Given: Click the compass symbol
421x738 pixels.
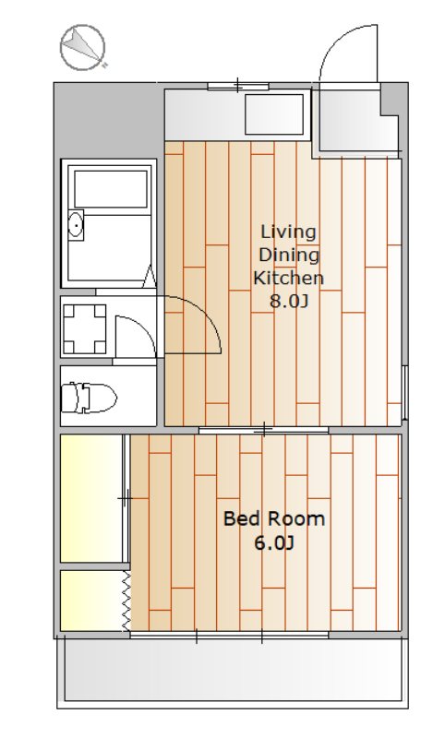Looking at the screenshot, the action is (82, 48).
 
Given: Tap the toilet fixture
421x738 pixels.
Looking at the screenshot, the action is (89, 397).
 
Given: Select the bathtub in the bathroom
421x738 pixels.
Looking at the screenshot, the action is (111, 189).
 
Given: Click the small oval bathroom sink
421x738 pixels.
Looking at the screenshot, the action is (76, 226).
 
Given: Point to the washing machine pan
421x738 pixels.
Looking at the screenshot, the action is (85, 328).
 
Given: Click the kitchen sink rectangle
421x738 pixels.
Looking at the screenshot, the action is (274, 113).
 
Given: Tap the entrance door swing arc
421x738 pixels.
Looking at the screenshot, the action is (348, 52).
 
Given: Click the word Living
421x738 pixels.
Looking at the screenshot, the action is (288, 232).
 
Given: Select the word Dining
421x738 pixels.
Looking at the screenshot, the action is (289, 256).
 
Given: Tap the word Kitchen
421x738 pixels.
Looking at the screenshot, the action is (289, 278).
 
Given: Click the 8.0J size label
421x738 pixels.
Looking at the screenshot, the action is (289, 301).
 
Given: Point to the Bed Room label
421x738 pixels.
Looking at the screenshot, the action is (274, 518).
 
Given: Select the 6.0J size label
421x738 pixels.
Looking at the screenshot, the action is (274, 543).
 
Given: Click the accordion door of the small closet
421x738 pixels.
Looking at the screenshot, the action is (126, 601).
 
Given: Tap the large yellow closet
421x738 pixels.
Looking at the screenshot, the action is (91, 498).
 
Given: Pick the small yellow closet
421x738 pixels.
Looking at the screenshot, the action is (91, 601).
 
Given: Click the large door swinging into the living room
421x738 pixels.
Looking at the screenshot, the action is (193, 325).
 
